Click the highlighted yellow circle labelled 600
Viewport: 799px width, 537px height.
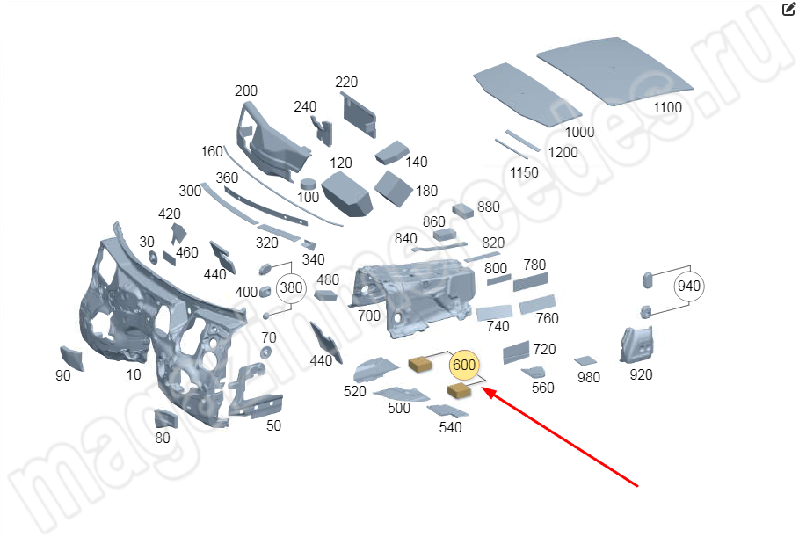[x=463, y=364]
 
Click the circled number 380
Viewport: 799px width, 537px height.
[x=290, y=287]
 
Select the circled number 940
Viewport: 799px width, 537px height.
[x=688, y=286]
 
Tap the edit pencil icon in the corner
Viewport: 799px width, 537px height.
[x=788, y=10]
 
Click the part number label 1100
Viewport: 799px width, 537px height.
[x=667, y=107]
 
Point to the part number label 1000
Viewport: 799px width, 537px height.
[x=579, y=132]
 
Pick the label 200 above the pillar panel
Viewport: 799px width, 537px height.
[x=246, y=91]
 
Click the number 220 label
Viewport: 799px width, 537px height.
[x=346, y=83]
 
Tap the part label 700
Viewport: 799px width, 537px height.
[x=369, y=316]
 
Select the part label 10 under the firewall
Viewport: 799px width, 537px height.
[x=134, y=374]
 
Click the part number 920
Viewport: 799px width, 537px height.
[x=641, y=374]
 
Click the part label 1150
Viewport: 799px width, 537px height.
[x=524, y=172]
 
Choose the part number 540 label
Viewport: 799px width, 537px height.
[x=450, y=427]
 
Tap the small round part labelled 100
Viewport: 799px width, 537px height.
[x=309, y=183]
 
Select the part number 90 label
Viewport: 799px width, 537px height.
[x=62, y=375]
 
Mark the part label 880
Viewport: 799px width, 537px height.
[x=489, y=207]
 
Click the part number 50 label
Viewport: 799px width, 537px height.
[x=273, y=426]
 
